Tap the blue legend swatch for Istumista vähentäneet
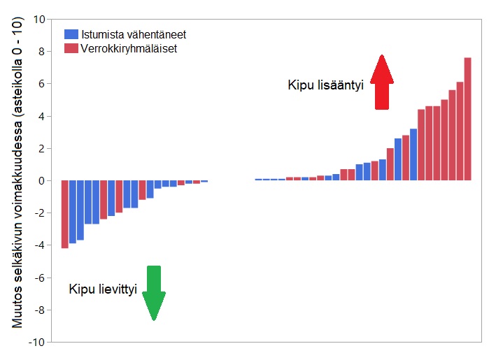click(x=71, y=34)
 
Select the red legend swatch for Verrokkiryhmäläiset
click(x=71, y=49)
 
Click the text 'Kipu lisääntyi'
click(x=325, y=85)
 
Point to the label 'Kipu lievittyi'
click(x=102, y=288)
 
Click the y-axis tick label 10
click(x=39, y=19)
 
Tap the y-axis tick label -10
click(x=36, y=343)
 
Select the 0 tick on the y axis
click(x=42, y=180)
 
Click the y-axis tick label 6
click(x=42, y=84)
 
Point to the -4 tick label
click(x=39, y=245)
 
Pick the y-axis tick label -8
click(x=39, y=310)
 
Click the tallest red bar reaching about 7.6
click(x=467, y=119)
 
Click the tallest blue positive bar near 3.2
click(x=413, y=154)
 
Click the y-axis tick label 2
click(x=42, y=148)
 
